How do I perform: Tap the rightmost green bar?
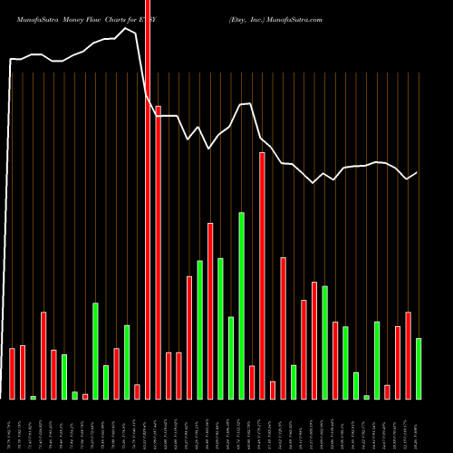tap(419, 369)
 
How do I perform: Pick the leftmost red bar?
tap(13, 373)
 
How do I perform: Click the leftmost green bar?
tap(34, 397)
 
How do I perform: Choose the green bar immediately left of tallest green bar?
tap(231, 358)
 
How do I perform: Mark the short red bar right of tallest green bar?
tap(252, 382)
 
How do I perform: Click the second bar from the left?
tap(23, 372)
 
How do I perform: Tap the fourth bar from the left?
tap(43, 355)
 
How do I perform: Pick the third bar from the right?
tap(398, 362)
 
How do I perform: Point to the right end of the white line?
tap(418, 172)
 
